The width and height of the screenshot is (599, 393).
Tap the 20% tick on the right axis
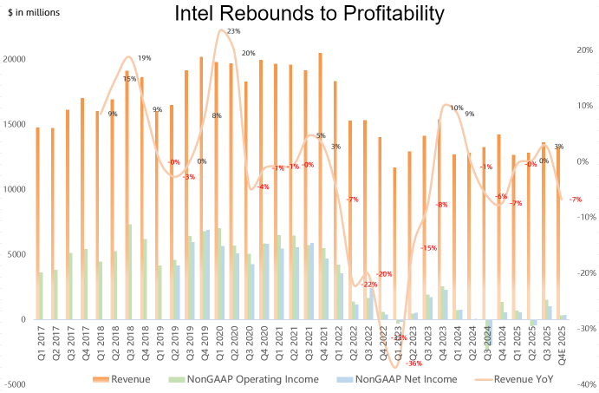click(583, 50)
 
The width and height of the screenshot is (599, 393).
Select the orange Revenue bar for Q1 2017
click(37, 223)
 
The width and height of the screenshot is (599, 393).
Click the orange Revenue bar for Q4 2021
click(320, 186)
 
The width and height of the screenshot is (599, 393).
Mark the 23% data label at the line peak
click(233, 31)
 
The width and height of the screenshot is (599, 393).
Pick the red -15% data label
click(428, 248)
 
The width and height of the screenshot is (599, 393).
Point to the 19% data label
click(144, 58)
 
